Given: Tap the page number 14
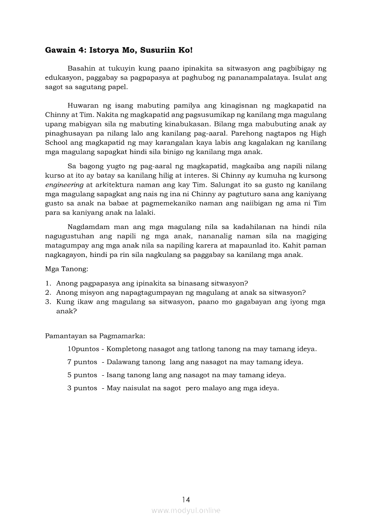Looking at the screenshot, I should (x=186, y=499).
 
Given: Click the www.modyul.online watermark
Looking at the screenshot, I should (x=186, y=510).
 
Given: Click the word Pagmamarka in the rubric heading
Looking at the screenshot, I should (x=125, y=336).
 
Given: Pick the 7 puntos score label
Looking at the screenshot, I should (x=82, y=362).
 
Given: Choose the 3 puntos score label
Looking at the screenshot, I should (x=82, y=388).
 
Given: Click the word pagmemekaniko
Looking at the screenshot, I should (x=152, y=203).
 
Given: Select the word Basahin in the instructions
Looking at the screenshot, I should (x=82, y=69).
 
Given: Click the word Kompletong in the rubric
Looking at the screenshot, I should (x=128, y=349).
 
